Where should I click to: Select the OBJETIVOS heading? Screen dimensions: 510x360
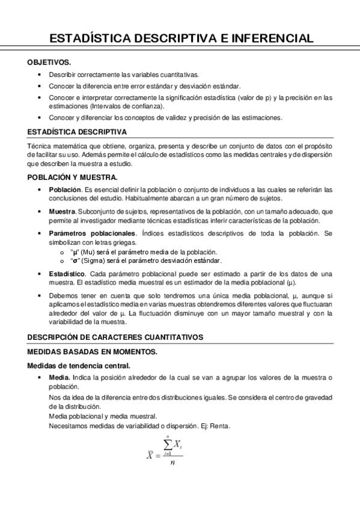point(49,62)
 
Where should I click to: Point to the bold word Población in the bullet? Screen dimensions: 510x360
point(64,189)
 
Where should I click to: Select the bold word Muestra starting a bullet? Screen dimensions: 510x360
point(62,212)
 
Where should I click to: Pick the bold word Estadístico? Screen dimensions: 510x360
point(67,274)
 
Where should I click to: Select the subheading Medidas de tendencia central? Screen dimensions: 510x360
point(79,366)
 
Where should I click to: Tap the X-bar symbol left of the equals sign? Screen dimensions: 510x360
point(150,455)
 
